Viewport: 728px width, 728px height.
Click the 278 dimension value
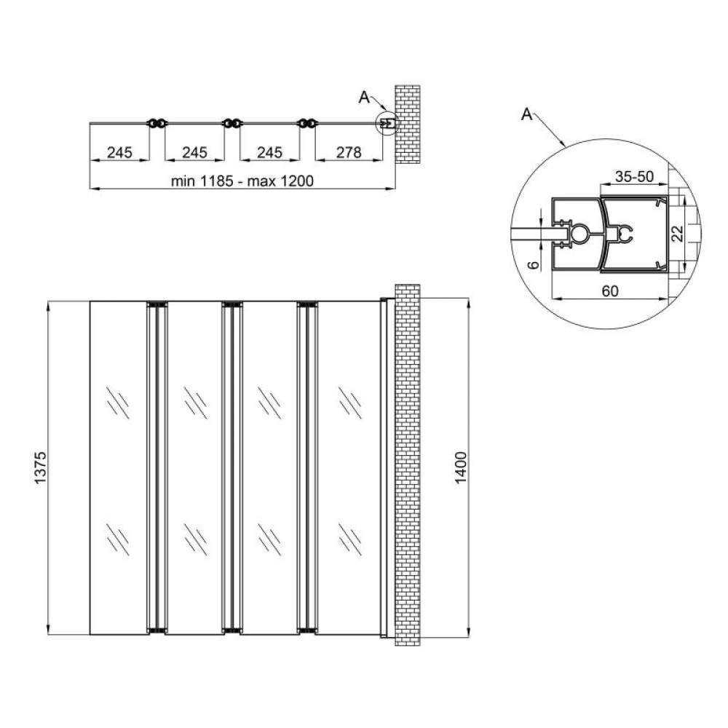(x=348, y=152)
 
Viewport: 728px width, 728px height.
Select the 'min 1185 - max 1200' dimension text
(x=242, y=181)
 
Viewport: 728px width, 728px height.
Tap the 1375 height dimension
(x=40, y=467)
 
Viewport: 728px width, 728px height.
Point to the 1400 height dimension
(x=460, y=467)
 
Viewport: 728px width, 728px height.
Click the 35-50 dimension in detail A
(x=634, y=176)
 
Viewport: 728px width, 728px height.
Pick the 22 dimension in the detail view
(x=678, y=234)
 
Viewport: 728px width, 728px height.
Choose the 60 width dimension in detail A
(x=610, y=290)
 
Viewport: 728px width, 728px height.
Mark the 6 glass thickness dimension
(x=534, y=264)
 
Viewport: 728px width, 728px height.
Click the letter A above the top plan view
(x=364, y=98)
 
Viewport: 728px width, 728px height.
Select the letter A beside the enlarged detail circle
(x=526, y=114)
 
